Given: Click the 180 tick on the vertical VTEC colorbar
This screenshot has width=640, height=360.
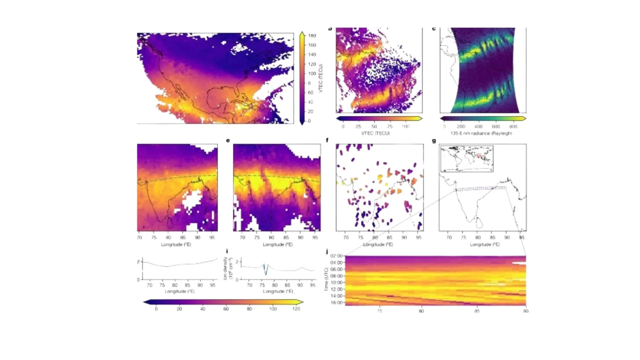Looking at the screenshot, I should coord(312,36).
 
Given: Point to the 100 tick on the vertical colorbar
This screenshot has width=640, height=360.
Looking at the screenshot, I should coord(312,74).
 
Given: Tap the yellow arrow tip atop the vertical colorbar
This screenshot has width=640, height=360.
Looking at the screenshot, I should coord(302,34).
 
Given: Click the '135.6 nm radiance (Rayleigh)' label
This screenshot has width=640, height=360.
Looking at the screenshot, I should coord(481,133).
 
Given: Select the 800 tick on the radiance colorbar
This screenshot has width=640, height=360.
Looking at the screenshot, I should coord(513,126).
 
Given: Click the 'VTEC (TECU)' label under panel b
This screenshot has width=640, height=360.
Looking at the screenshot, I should coord(375,133).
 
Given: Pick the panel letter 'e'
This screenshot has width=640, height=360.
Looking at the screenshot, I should coord(228,140).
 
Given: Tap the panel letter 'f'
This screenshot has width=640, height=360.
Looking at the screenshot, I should coord(327,140).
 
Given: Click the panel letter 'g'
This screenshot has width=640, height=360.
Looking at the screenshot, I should coord(434,141).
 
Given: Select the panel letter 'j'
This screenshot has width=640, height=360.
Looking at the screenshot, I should coord(327,252).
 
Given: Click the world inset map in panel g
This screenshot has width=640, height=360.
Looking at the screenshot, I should coord(467,158).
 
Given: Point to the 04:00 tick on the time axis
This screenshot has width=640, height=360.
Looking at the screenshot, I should coord(336,262).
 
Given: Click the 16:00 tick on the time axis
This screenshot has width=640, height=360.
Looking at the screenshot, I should coord(336,302).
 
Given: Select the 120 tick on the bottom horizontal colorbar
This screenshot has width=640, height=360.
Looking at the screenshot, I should coord(296,309).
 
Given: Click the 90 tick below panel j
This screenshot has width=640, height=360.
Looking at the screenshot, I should coord(525,311).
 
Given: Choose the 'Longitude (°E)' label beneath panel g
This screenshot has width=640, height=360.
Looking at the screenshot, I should coord(485,245).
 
